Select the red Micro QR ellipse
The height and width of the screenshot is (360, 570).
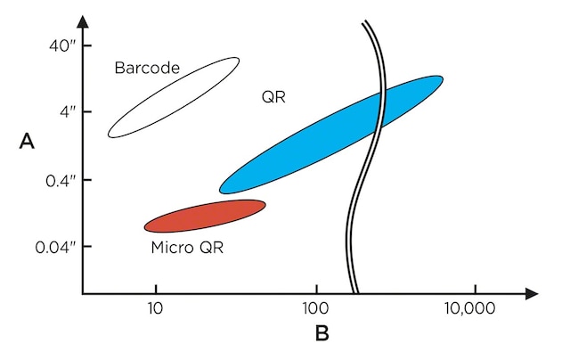[x=205, y=216]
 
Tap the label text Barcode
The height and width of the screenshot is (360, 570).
[x=147, y=68]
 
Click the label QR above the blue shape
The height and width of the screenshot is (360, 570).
[x=273, y=96]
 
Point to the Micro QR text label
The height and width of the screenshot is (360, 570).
[x=187, y=247]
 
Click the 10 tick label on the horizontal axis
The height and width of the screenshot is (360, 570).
[x=155, y=310]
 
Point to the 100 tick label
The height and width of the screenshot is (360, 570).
[x=316, y=310]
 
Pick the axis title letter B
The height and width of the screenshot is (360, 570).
[x=322, y=335]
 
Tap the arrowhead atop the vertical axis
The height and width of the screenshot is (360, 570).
[x=82, y=20]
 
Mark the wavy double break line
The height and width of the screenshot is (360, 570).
[x=362, y=178]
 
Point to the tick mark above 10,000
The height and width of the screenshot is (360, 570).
[x=475, y=289]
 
